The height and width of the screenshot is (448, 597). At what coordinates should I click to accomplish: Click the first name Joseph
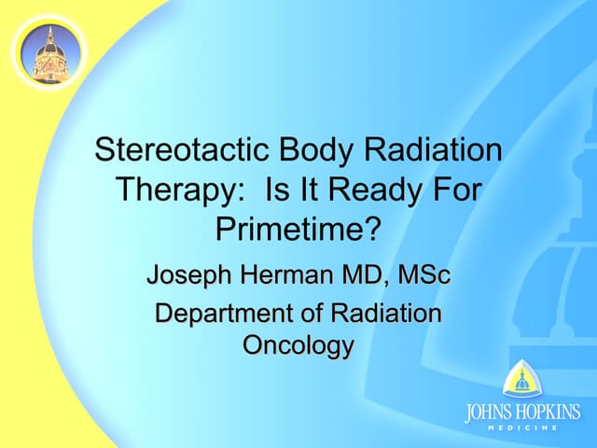[x=190, y=275]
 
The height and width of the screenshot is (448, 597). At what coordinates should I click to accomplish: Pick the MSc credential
[x=424, y=275]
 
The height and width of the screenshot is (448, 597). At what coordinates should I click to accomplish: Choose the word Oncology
[x=298, y=346]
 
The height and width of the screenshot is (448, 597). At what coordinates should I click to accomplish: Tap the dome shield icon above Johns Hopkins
[x=521, y=382]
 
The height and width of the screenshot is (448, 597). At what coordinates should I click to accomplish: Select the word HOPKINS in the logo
[x=549, y=413]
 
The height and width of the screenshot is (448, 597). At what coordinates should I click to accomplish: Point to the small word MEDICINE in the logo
[x=521, y=427]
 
